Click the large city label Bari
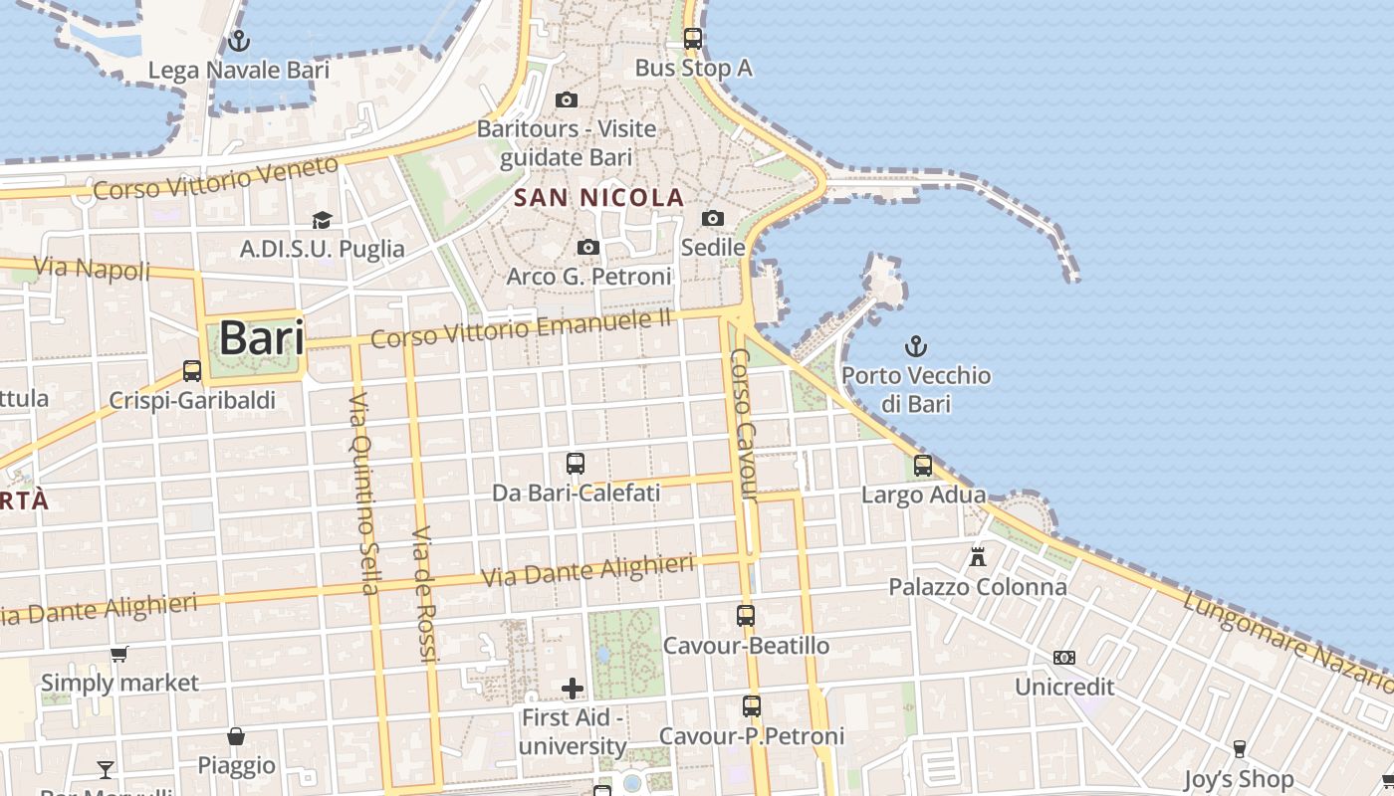tap(261, 337)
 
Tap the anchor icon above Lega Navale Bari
tap(238, 41)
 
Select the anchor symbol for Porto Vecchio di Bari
tap(915, 346)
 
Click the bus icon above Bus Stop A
tap(693, 39)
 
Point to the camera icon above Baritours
tap(567, 99)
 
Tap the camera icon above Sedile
tap(713, 218)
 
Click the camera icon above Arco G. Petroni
tap(588, 247)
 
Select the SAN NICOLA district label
tap(599, 197)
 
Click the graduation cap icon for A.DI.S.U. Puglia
tap(322, 220)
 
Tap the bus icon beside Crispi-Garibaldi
tap(192, 371)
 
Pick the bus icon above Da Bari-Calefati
tap(576, 463)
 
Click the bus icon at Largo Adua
tap(923, 465)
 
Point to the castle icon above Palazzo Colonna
tap(978, 557)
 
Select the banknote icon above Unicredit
tap(1064, 658)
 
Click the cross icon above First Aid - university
tap(573, 688)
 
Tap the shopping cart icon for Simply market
tap(119, 654)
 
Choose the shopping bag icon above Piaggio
tap(236, 736)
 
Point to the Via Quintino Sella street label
tap(363, 493)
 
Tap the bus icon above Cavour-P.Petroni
tap(752, 706)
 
